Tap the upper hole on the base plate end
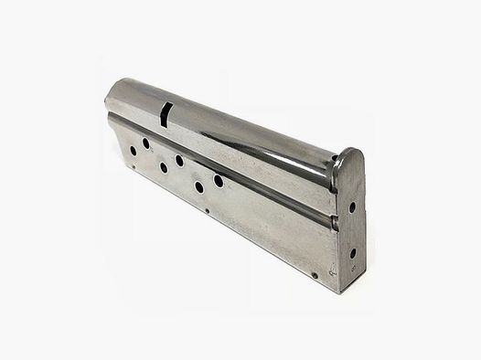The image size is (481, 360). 352,207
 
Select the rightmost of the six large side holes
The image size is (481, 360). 219,180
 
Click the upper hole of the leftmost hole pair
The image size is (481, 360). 146,143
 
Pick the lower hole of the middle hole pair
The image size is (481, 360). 164,168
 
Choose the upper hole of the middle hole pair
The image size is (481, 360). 180,160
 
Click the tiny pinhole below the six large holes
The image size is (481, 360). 208,210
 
